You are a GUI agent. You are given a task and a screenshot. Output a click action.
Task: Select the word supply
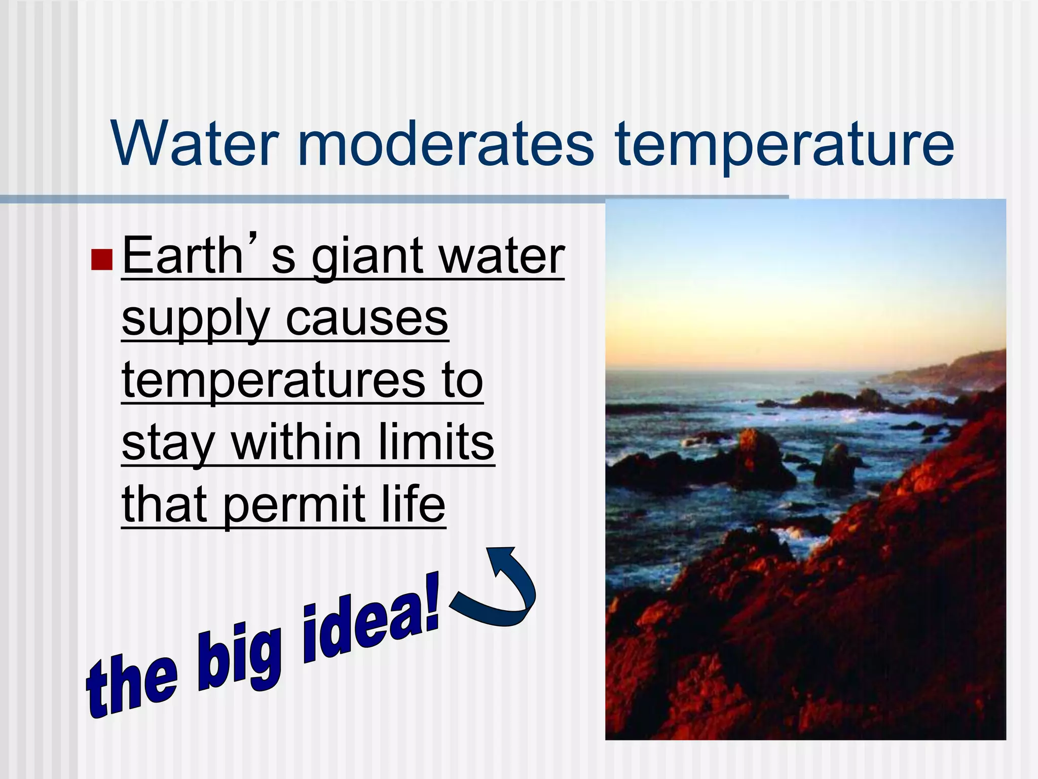pos(195,321)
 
